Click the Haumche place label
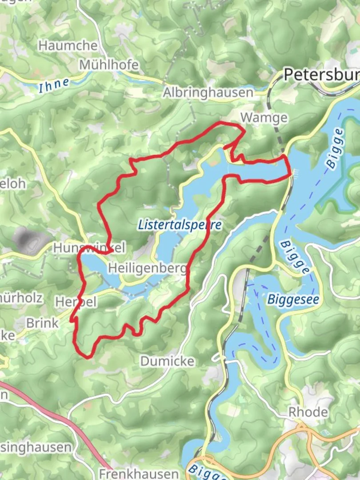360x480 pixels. pyautogui.click(x=68, y=45)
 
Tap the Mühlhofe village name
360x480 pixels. pyautogui.click(x=109, y=65)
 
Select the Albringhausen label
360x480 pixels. pyautogui.click(x=208, y=92)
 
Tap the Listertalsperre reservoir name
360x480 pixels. pyautogui.click(x=180, y=224)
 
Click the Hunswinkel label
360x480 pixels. pyautogui.click(x=89, y=248)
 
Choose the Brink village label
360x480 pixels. pyautogui.click(x=42, y=323)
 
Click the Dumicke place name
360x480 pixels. pyautogui.click(x=167, y=361)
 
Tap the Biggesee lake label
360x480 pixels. pyautogui.click(x=293, y=300)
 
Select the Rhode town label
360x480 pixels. pyautogui.click(x=308, y=412)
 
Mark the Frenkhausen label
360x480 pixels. pyautogui.click(x=138, y=473)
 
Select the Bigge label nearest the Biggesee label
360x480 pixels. pyautogui.click(x=295, y=257)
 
